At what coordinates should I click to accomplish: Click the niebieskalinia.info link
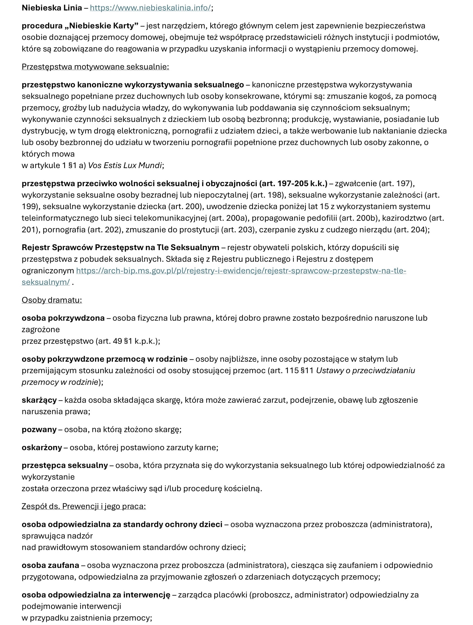(150, 8)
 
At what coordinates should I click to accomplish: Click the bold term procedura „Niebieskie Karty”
(80, 26)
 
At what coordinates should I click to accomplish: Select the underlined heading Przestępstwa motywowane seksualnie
(95, 67)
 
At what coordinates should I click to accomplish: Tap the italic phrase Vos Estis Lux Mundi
(125, 166)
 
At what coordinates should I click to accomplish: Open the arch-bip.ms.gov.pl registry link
(241, 271)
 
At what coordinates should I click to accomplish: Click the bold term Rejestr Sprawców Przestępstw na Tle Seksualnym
(120, 247)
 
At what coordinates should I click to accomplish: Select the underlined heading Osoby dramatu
(52, 300)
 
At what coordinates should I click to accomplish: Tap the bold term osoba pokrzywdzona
(63, 318)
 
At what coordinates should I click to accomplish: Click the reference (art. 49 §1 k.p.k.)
(127, 341)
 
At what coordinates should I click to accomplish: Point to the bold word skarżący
(39, 400)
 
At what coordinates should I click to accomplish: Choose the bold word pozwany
(39, 429)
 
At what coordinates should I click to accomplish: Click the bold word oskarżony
(42, 447)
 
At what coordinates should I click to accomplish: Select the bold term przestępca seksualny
(65, 465)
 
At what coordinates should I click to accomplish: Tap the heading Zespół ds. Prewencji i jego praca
(84, 506)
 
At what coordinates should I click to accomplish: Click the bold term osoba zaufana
(50, 565)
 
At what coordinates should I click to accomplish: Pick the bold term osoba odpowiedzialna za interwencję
(96, 595)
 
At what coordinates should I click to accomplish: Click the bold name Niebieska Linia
(52, 8)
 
